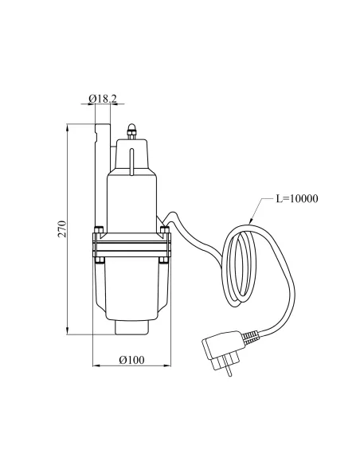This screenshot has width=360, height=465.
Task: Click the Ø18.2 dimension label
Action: (x=102, y=99)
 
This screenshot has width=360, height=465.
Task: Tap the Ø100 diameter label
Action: (x=131, y=359)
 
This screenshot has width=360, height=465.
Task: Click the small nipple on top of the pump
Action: (x=132, y=130)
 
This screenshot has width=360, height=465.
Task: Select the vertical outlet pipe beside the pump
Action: (x=100, y=175)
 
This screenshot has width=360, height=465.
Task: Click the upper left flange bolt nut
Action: (x=99, y=232)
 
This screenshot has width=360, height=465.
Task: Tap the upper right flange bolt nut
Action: (x=164, y=232)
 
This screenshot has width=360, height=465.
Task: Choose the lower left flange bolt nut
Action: (x=99, y=258)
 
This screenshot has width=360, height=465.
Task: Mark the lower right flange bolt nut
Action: (x=164, y=258)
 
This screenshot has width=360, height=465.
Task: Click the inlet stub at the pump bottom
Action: (x=131, y=324)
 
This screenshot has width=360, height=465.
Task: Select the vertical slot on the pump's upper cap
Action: (x=132, y=159)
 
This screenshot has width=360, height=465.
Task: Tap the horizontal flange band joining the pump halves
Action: (x=131, y=245)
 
